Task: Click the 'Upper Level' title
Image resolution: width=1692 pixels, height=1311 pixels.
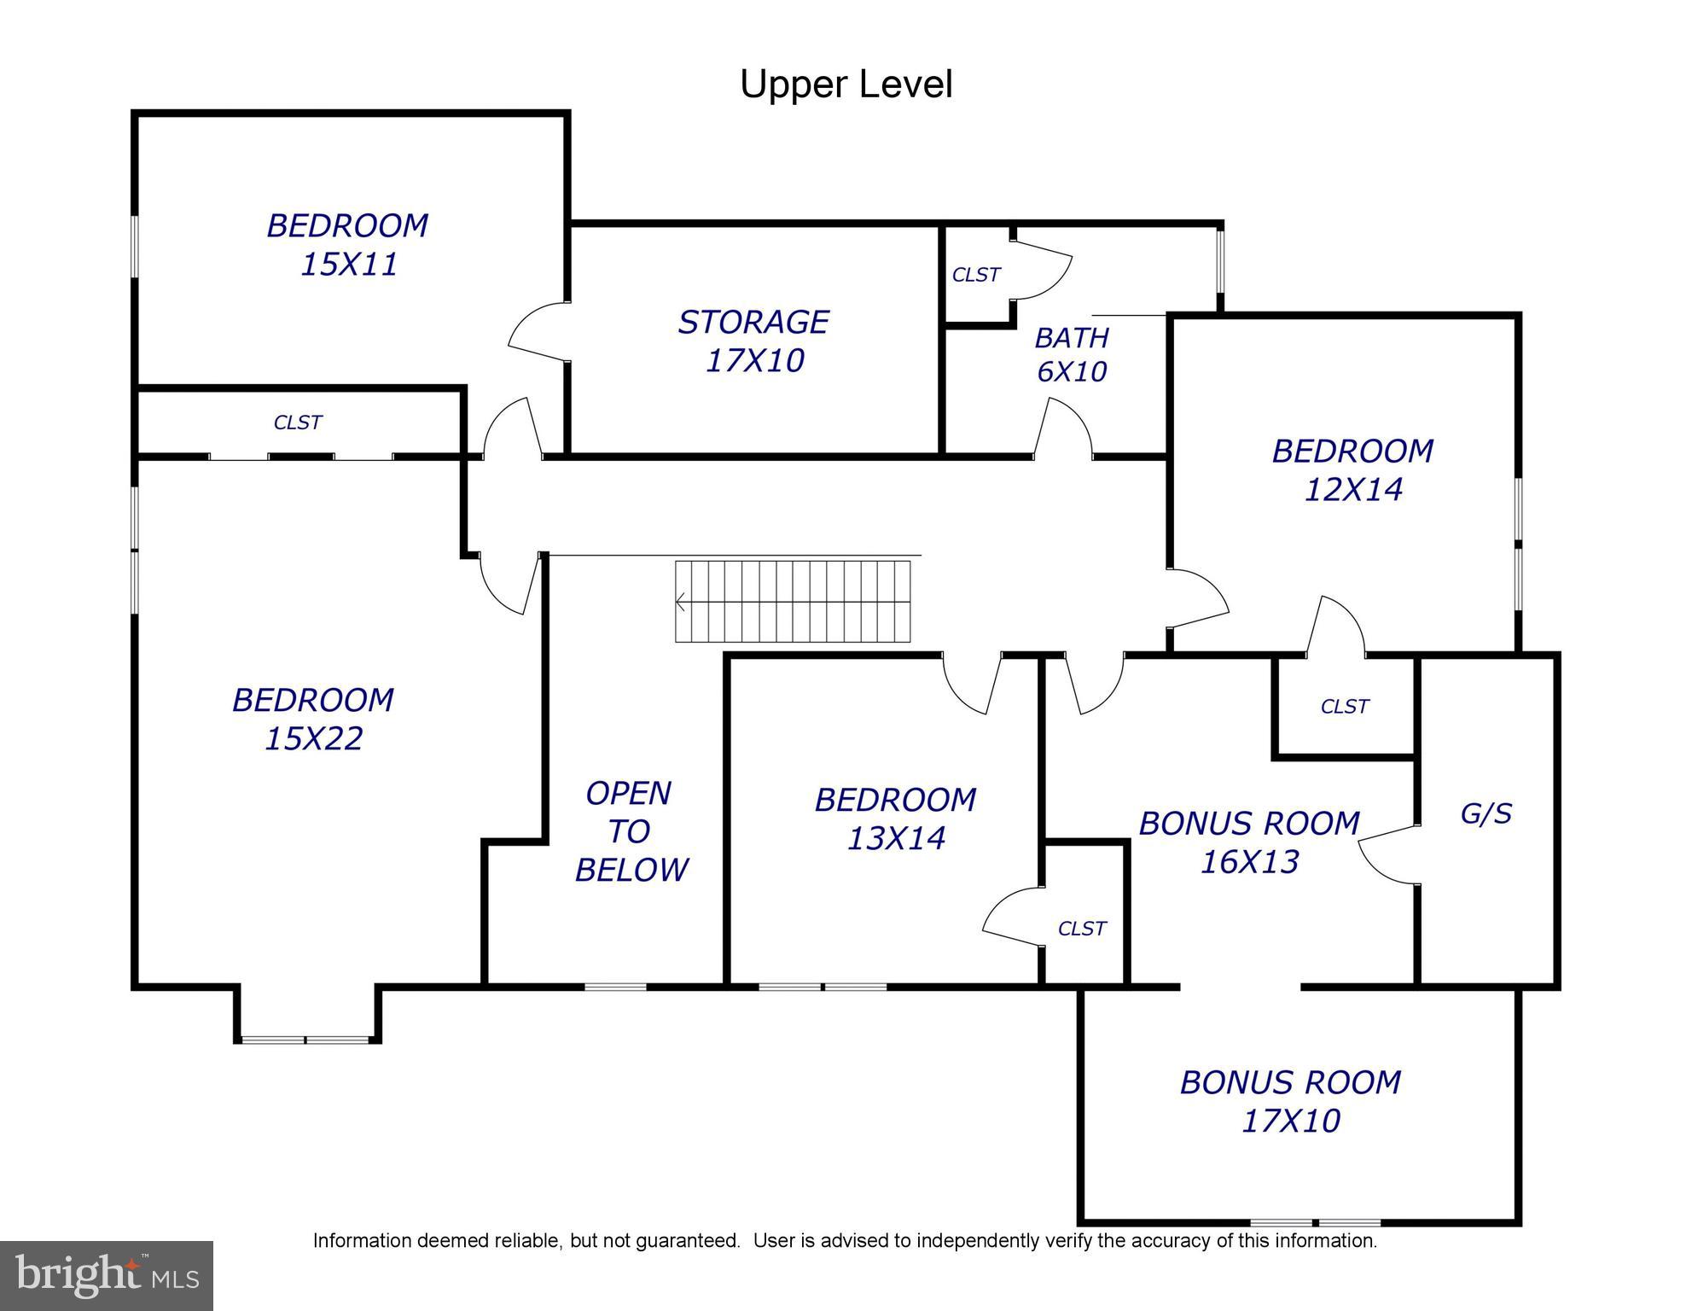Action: point(846,84)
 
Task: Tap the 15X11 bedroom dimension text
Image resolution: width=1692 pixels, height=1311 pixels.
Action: point(349,265)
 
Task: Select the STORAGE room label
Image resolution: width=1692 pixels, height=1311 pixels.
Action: point(753,322)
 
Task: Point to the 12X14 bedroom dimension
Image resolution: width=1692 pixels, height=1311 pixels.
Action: point(1353,490)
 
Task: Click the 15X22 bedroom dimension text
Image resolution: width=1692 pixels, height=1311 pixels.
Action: point(313,738)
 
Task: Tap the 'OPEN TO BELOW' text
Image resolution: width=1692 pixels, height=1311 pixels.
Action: point(631,831)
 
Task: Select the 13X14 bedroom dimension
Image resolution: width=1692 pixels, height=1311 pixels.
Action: point(896,838)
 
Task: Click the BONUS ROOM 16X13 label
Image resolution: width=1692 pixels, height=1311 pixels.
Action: point(1249,842)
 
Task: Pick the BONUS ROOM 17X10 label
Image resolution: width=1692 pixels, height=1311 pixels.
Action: point(1290,1101)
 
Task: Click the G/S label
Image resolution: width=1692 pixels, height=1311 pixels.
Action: point(1486,813)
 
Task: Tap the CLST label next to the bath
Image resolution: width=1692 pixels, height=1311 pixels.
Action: point(975,275)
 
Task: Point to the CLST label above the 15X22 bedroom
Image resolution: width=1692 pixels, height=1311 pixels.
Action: point(297,422)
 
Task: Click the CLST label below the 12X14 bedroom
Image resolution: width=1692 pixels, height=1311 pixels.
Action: point(1344,707)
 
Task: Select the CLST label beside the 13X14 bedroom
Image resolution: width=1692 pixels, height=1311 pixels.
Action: point(1081,929)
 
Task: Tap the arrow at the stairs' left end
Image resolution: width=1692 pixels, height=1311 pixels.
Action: point(681,603)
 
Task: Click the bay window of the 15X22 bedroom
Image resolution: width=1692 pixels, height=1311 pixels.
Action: point(305,1039)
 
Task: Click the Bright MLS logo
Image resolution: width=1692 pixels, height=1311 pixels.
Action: point(106,1275)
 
